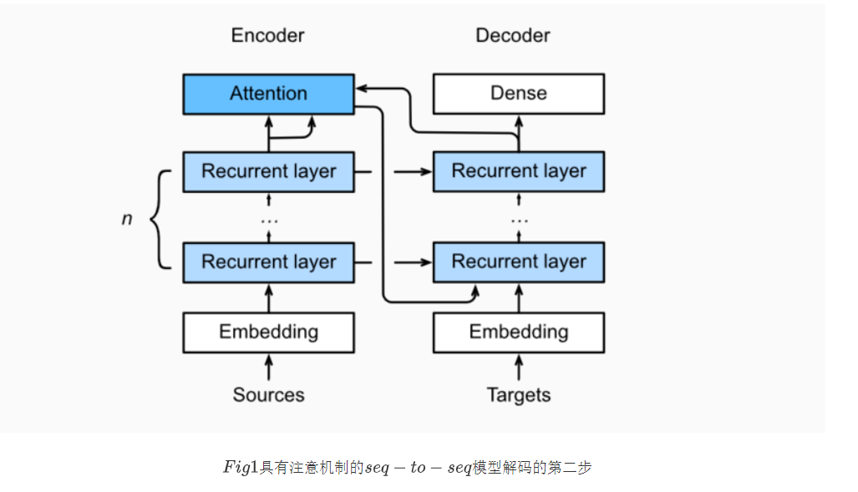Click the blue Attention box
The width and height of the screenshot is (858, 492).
point(268,94)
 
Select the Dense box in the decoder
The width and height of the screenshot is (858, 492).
point(518,94)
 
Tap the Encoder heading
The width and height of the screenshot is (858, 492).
point(267,35)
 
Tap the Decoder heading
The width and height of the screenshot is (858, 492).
point(512,35)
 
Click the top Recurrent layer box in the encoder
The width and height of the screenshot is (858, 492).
point(268,171)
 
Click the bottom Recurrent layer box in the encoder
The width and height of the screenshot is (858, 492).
point(268,261)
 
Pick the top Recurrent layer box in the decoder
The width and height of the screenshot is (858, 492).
point(518,171)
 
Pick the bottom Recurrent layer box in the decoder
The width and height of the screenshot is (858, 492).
point(518,261)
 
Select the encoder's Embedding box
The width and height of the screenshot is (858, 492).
point(268,332)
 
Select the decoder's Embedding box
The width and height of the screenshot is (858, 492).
point(518,332)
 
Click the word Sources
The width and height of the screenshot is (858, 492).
point(268,394)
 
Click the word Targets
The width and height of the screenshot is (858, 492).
point(518,394)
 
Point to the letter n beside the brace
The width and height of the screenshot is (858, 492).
point(127,220)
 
